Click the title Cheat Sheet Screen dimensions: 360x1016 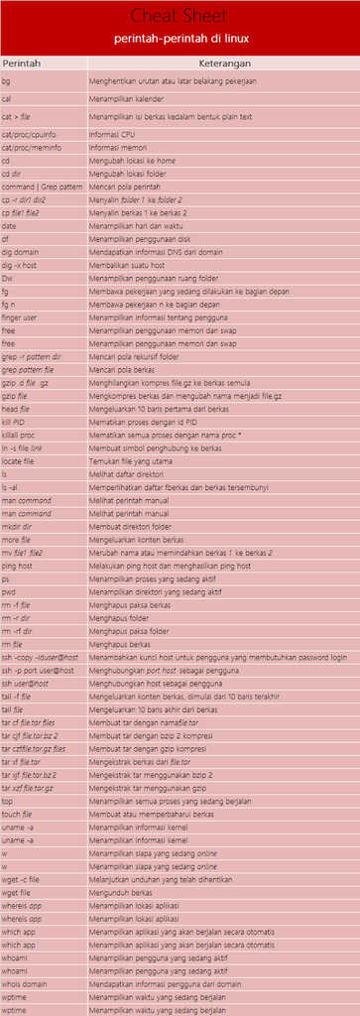click(x=180, y=16)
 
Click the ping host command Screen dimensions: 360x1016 click(x=19, y=565)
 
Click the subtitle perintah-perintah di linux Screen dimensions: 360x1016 click(x=180, y=38)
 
